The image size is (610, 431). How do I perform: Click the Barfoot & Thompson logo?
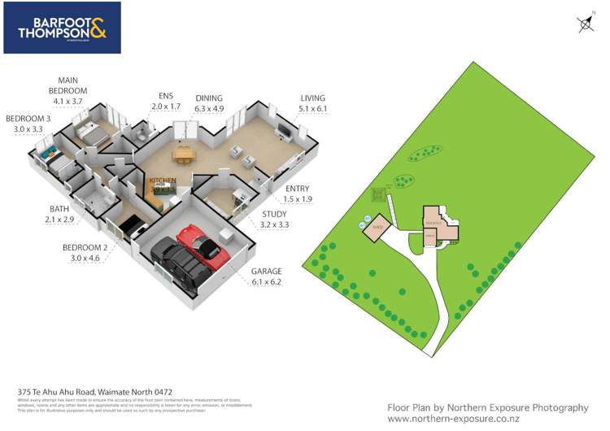(62, 28)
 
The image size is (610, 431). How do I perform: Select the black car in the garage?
(177, 260)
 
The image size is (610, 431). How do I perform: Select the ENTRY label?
(298, 194)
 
